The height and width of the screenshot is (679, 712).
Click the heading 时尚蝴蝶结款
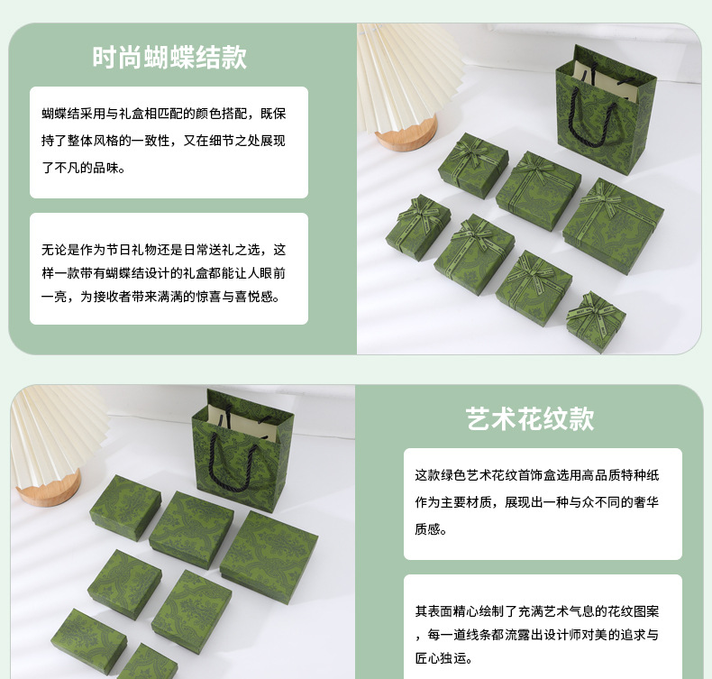pos(169,57)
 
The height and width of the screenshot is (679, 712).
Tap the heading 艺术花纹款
pos(530,418)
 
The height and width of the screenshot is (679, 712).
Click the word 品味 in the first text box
pos(106,168)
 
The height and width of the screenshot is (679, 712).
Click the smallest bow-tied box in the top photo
pos(596,321)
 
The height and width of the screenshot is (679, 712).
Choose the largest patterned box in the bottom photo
pos(269,552)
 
